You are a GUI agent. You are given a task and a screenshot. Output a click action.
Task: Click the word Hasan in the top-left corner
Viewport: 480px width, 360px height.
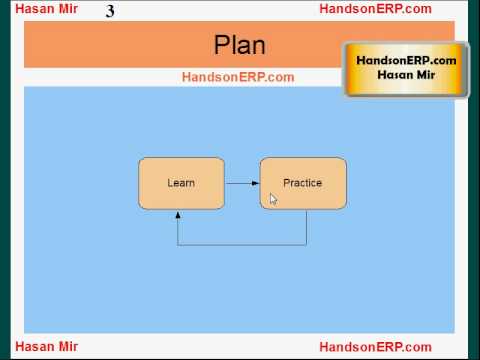click(x=34, y=9)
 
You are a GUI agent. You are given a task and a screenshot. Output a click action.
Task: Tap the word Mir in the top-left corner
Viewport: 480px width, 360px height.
click(x=68, y=9)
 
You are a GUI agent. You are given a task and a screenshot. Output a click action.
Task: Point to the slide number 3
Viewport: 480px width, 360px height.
click(x=109, y=11)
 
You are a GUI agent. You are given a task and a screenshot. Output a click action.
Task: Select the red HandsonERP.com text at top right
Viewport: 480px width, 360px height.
click(x=375, y=9)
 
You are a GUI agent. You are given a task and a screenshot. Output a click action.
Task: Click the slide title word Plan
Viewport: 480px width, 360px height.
click(x=239, y=45)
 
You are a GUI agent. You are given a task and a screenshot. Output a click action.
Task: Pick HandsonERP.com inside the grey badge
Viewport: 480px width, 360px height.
click(x=406, y=61)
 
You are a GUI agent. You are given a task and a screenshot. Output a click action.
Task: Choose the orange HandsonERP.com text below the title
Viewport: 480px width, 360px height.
click(x=238, y=77)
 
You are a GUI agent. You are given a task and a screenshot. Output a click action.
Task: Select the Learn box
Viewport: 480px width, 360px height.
click(x=181, y=183)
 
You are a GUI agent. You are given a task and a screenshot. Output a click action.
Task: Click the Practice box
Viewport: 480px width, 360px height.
click(x=303, y=183)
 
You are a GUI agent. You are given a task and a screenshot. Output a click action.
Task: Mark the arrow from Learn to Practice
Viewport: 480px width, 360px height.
click(x=242, y=183)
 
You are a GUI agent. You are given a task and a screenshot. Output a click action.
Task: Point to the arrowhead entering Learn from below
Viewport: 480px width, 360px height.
click(x=178, y=213)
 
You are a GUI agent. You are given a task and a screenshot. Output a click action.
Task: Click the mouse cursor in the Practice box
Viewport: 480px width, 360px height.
click(x=273, y=199)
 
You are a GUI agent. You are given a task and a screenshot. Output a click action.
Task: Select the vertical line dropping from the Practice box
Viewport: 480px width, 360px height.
click(x=306, y=227)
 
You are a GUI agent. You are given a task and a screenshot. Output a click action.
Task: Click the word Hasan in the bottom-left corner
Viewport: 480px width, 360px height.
click(x=34, y=347)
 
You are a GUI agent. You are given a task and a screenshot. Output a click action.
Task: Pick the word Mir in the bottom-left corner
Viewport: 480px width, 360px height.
click(x=68, y=347)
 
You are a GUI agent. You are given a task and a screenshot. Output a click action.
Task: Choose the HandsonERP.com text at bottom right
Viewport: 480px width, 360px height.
click(x=375, y=347)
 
